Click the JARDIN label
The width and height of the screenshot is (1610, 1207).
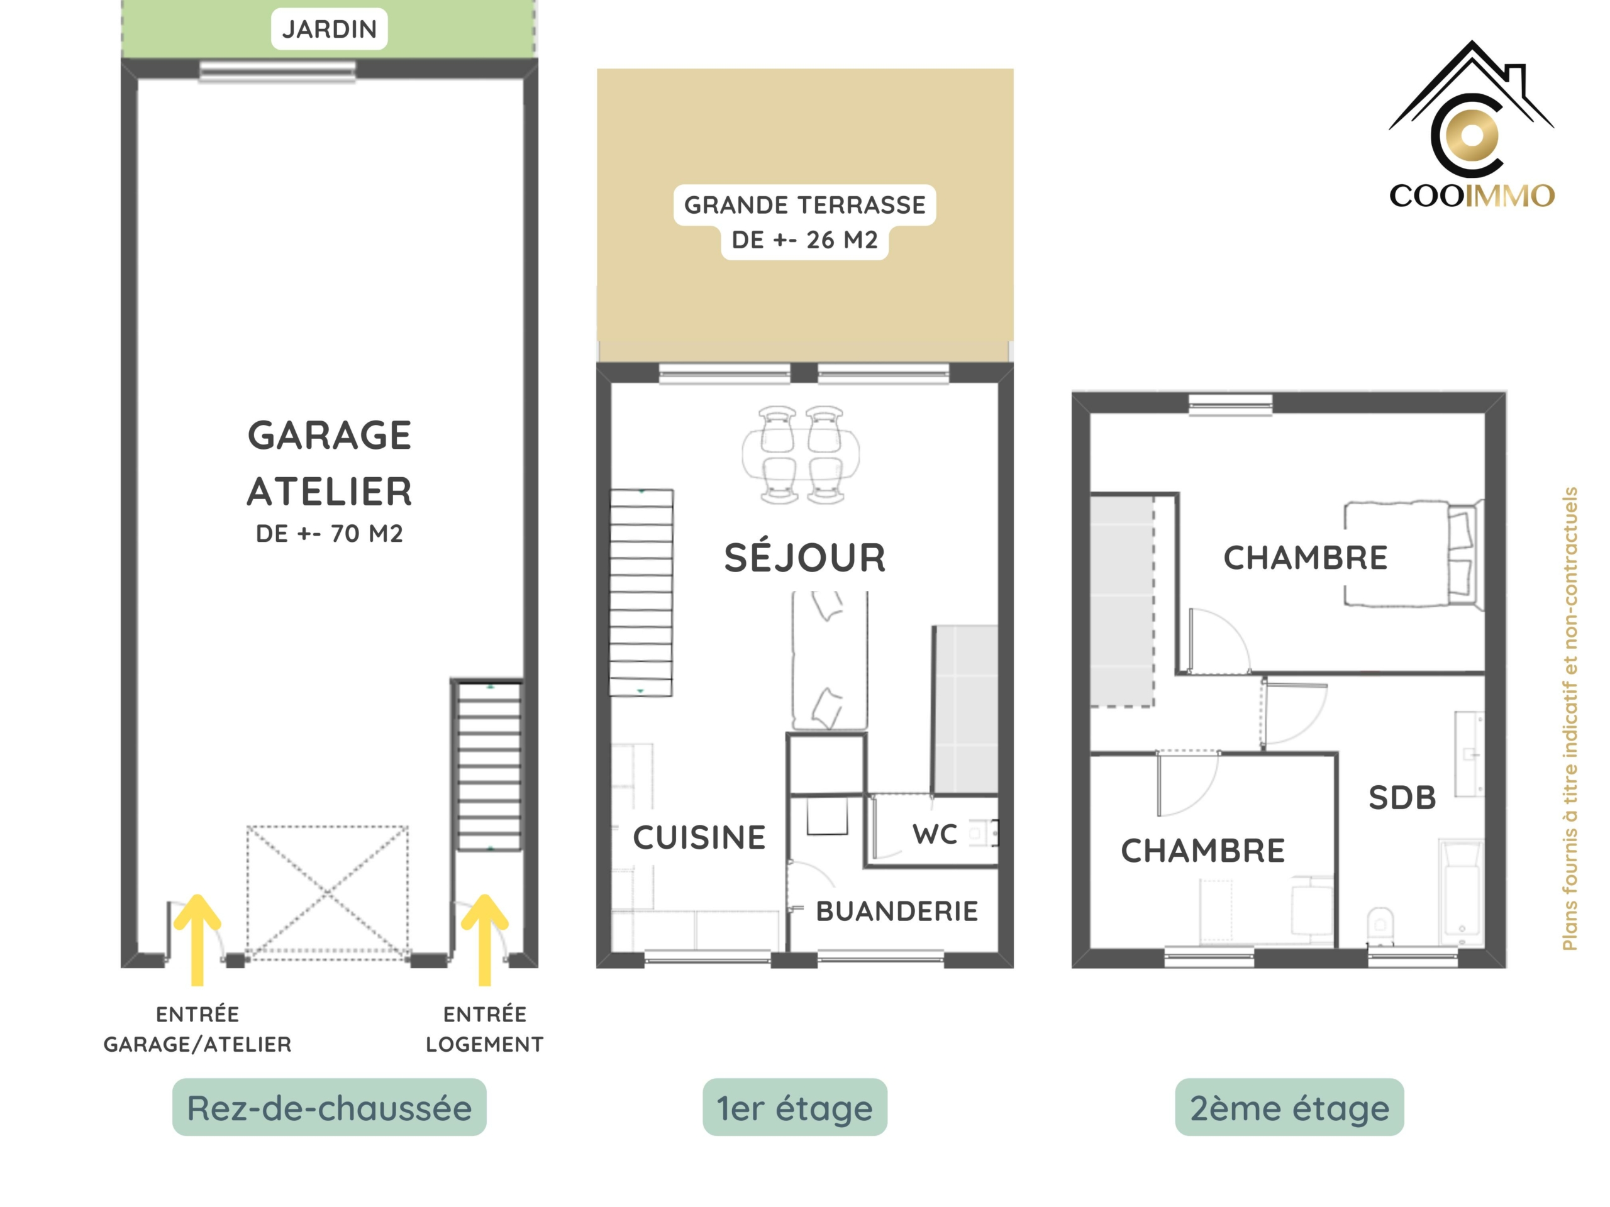click(x=329, y=29)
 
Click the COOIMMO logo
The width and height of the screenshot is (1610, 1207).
click(x=1472, y=124)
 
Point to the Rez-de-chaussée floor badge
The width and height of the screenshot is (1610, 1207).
click(x=329, y=1107)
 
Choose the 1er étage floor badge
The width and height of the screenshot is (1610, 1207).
click(x=795, y=1107)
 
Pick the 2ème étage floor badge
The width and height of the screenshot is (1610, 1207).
click(x=1289, y=1107)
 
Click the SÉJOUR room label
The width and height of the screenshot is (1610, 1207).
click(x=805, y=558)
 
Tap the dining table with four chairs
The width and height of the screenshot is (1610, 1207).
click(x=801, y=455)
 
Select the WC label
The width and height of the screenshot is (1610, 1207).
click(x=935, y=834)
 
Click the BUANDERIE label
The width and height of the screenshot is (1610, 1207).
click(x=897, y=911)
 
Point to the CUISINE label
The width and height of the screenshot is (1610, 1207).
click(x=699, y=837)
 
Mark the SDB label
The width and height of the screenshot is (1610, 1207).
click(x=1402, y=797)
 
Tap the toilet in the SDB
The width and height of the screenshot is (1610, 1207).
click(x=1380, y=925)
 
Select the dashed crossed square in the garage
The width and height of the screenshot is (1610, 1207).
click(x=328, y=889)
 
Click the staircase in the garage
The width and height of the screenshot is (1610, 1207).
click(x=489, y=766)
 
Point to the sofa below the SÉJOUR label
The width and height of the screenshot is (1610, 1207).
click(x=829, y=660)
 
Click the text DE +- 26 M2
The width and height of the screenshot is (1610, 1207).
click(x=805, y=240)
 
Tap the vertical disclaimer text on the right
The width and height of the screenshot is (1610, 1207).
click(x=1570, y=719)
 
